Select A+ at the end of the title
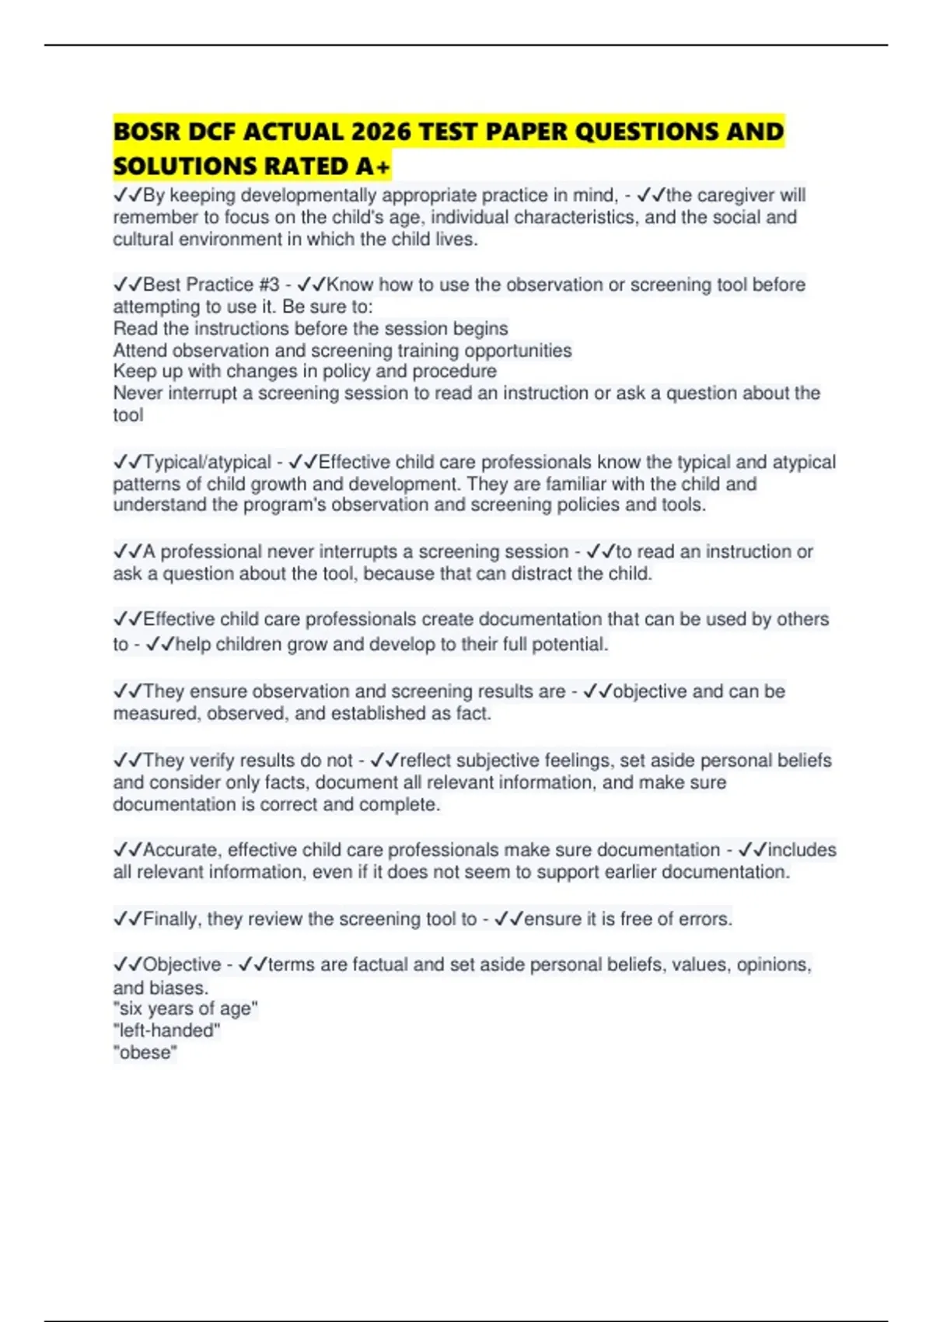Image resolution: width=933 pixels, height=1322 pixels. click(373, 166)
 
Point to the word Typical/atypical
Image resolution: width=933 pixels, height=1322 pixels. click(208, 462)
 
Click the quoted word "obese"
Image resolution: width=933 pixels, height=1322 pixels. click(145, 1053)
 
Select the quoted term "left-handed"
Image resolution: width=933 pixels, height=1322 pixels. click(167, 1031)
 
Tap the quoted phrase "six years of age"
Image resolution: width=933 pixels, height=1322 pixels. click(186, 1009)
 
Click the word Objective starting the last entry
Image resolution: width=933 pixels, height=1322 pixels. click(182, 965)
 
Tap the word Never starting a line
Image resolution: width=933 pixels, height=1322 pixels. click(138, 393)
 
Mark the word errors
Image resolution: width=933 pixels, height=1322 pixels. click(705, 919)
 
